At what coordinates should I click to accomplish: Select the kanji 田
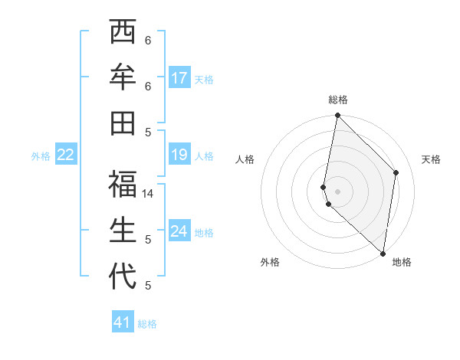(123, 123)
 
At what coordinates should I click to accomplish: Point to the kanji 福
(123, 185)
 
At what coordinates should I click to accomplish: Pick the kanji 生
(123, 231)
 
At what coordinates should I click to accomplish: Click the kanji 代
(123, 277)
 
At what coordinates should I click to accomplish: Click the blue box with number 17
(179, 77)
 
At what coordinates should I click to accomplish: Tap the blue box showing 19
(179, 155)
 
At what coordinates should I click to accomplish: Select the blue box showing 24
(179, 231)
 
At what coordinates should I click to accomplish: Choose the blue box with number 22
(66, 155)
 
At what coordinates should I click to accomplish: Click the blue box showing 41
(123, 322)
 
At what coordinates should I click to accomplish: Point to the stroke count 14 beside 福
(149, 194)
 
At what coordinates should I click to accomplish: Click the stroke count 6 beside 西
(149, 40)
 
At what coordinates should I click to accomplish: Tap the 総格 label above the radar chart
(338, 100)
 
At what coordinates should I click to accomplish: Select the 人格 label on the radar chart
(245, 159)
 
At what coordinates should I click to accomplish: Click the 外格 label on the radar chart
(270, 262)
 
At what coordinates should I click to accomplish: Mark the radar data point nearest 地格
(383, 253)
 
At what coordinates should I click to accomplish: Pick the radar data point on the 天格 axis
(396, 172)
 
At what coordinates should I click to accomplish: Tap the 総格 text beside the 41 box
(147, 324)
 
